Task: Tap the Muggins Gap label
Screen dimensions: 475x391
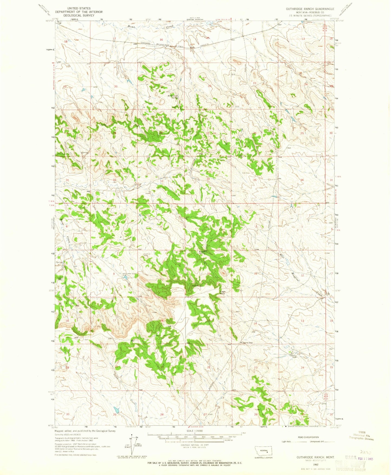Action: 246,343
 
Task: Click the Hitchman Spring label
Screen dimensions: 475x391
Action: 173,96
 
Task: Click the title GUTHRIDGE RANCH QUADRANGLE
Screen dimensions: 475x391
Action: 310,9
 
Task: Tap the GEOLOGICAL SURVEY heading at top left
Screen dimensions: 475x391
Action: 79,15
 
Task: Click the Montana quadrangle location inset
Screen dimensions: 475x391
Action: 266,451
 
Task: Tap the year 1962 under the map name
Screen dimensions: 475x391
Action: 315,464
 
